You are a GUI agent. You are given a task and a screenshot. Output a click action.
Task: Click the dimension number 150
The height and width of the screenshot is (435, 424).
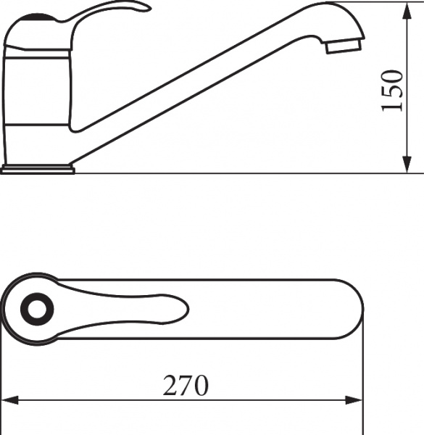pos(391,91)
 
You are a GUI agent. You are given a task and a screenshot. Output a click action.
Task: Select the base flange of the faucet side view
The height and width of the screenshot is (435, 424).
pos(38,170)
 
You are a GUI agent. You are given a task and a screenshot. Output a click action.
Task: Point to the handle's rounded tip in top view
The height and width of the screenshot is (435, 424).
pos(181,311)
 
